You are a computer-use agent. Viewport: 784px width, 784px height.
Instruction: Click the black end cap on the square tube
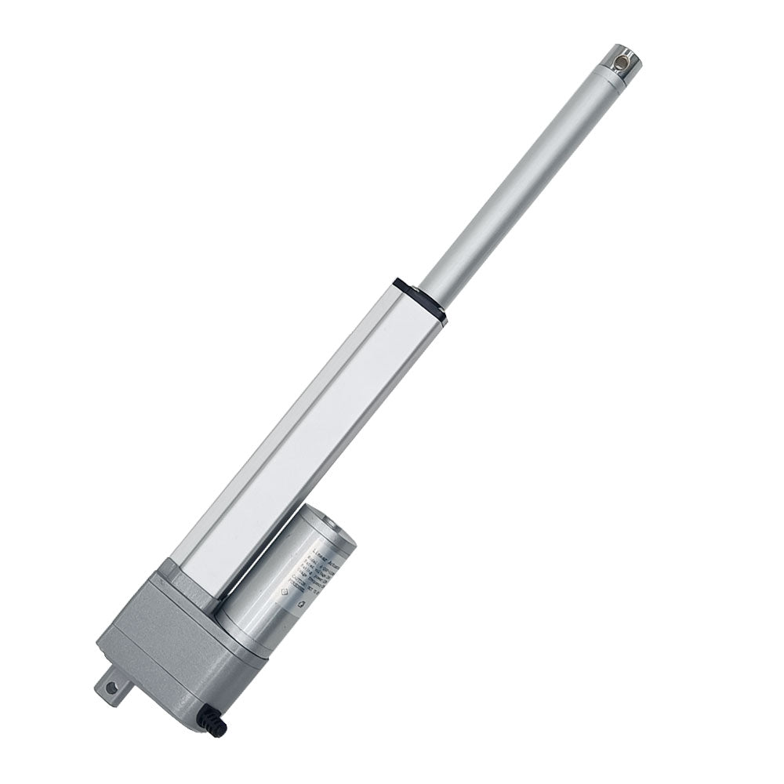(420, 299)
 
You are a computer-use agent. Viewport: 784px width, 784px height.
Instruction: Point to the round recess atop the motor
(327, 522)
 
